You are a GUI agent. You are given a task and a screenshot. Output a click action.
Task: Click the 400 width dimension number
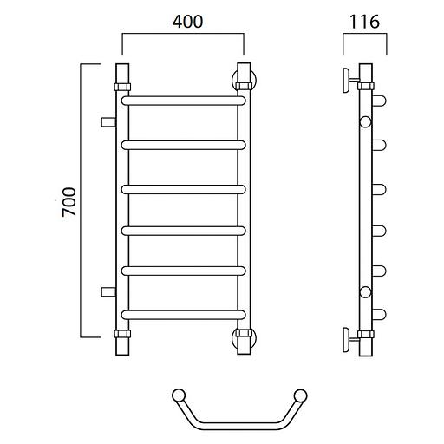click(187, 22)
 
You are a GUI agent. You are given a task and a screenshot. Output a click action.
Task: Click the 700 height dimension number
click(69, 202)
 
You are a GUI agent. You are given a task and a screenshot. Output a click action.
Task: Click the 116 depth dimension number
click(364, 22)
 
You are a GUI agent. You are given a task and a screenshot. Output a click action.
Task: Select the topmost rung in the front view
click(183, 101)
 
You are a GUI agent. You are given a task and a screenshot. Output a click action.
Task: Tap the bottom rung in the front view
click(183, 315)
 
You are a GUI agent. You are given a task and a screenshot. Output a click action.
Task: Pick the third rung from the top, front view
click(183, 189)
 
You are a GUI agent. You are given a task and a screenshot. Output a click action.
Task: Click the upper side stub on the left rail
click(108, 122)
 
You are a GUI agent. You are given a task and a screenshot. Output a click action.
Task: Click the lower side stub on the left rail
click(108, 292)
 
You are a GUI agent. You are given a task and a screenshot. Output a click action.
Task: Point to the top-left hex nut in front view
click(122, 87)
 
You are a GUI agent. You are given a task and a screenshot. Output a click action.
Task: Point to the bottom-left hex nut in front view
click(122, 334)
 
